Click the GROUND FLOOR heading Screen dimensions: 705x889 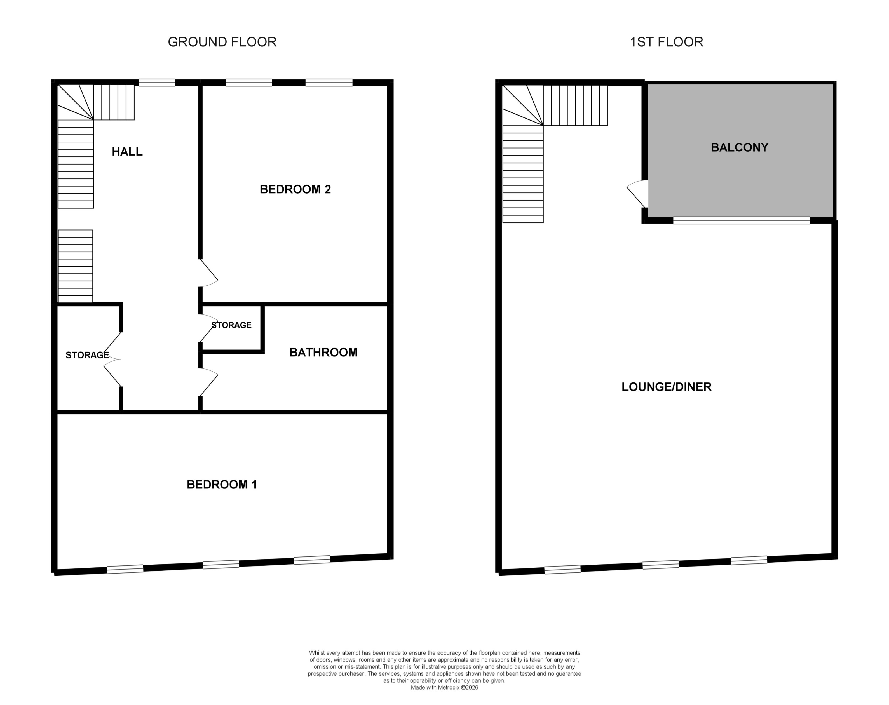click(222, 42)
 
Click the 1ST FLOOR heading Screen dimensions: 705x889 click(666, 42)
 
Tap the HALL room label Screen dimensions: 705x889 click(127, 152)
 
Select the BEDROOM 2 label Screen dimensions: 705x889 click(295, 189)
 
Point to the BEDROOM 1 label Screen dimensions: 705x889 click(222, 485)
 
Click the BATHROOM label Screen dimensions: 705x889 click(323, 352)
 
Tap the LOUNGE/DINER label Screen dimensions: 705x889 click(666, 387)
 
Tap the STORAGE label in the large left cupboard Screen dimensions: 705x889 click(87, 355)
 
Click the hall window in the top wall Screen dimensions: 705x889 click(157, 83)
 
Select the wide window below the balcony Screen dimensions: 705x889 click(741, 220)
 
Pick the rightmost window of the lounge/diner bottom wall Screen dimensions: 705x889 click(749, 560)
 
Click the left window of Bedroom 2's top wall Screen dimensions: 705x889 click(249, 83)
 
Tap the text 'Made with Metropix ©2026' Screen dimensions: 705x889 click(444, 688)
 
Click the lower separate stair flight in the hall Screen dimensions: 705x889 click(76, 266)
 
